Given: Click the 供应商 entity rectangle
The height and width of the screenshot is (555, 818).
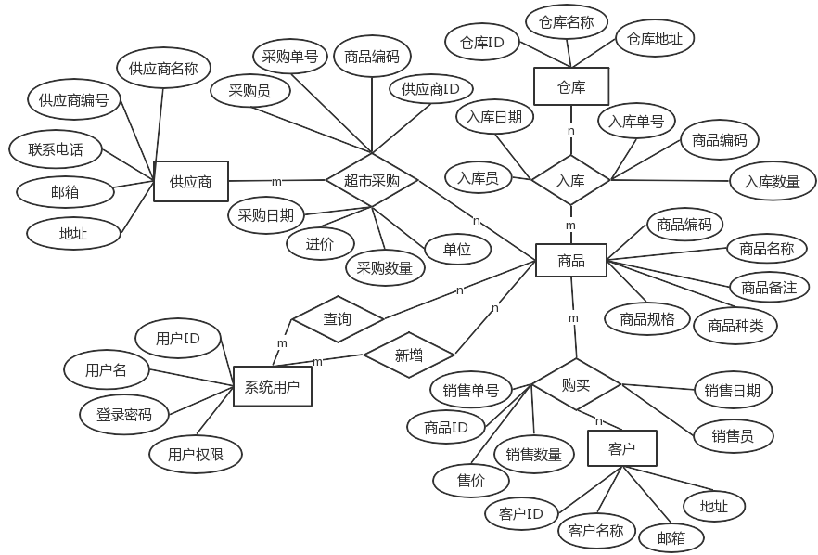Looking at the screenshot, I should point(190,182).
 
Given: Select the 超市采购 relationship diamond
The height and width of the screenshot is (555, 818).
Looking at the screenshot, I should point(371,181).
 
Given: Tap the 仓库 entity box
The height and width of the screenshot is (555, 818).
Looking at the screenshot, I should point(571,86).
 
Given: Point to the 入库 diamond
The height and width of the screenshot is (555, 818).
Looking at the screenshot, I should point(570,181).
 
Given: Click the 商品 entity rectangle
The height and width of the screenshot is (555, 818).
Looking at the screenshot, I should point(571,261).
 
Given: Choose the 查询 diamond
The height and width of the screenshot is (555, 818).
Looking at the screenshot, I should point(337,319).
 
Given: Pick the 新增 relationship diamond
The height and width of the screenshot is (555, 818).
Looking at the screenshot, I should point(409,355).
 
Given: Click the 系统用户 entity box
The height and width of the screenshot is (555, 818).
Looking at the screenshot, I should point(272,386).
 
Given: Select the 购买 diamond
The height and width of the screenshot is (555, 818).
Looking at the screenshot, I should point(576,384).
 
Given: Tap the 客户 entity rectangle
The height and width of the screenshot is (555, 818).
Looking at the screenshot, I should point(621,448).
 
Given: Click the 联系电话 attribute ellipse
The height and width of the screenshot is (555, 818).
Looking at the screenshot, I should point(56,148).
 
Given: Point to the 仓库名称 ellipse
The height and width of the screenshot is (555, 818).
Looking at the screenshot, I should point(567,21).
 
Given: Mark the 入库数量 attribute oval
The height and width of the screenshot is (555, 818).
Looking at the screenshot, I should point(773,182).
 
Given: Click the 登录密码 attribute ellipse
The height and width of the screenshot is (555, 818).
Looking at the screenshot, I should point(124,415).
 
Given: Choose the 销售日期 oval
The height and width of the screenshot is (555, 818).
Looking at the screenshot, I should point(733,391).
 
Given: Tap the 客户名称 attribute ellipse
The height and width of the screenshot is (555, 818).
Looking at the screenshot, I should point(596,531).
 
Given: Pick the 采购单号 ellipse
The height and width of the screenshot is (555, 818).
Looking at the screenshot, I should point(290,57).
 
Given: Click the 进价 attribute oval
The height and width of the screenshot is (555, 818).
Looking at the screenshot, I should point(320,243).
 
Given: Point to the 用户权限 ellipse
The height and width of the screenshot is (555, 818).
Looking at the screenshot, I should point(196,454).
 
